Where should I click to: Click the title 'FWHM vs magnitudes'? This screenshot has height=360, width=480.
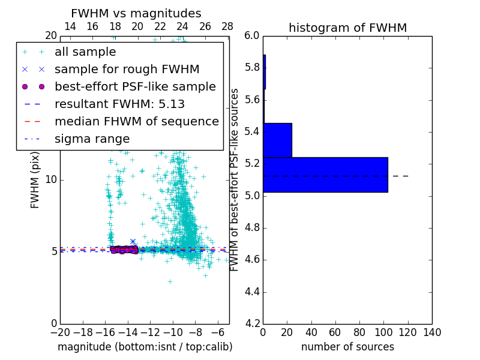coord(136,14)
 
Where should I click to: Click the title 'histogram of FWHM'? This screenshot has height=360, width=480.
coord(347,28)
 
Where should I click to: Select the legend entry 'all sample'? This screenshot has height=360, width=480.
coord(85,52)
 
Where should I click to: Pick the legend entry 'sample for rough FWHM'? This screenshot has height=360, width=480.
coord(127,69)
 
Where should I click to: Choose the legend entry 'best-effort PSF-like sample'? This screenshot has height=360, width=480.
coord(135,86)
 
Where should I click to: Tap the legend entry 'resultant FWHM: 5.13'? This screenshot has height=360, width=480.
coord(119,104)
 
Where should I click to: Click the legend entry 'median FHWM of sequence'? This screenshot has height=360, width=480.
coord(136,121)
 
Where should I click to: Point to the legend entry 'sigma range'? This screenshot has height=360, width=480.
coord(92,139)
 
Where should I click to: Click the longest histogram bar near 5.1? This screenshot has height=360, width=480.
coord(325,175)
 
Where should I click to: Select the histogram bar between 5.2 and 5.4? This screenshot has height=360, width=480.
coord(277,140)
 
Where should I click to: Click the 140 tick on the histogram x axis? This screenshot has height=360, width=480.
coord(432,332)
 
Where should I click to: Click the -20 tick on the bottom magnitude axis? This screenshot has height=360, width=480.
coord(60,332)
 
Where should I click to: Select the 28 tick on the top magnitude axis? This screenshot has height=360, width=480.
coord(227,27)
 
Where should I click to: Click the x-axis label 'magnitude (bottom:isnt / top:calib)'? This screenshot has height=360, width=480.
coord(145,347)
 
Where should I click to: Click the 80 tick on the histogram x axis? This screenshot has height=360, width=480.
coord(359,332)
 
